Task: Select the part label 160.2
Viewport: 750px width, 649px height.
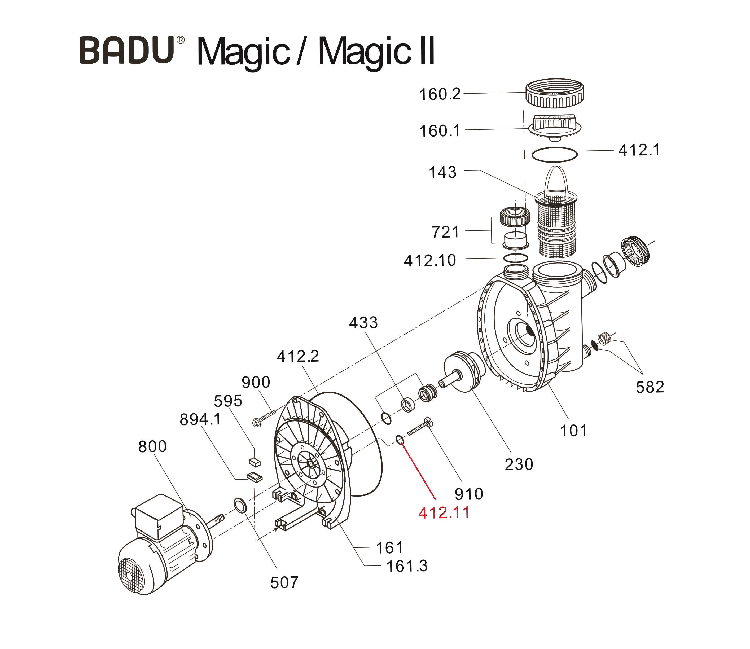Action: tap(440, 95)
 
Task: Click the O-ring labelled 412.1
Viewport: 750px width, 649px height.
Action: tap(554, 155)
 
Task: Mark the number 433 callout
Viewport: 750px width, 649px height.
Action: tap(363, 323)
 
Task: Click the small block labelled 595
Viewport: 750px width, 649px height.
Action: tap(255, 462)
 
